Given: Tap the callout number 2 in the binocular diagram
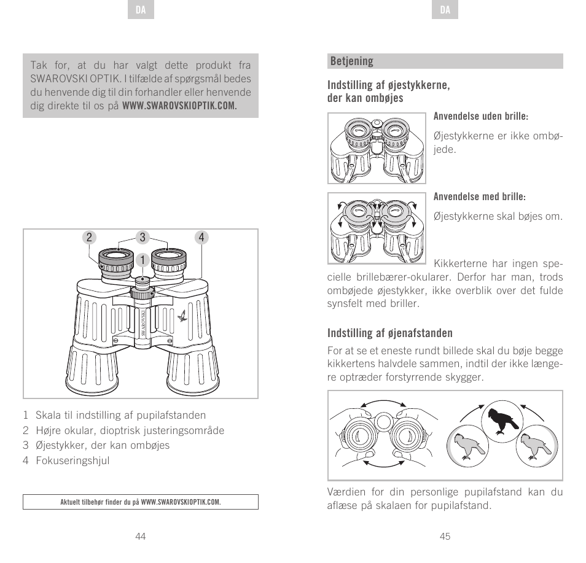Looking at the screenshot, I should point(89,238).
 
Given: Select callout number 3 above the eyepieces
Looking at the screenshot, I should point(142,238).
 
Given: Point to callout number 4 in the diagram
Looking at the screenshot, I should point(201,238).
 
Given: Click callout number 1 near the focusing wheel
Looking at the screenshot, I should point(142,260).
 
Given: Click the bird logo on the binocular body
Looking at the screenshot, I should point(182,316).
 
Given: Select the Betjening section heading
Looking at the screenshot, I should point(352,61).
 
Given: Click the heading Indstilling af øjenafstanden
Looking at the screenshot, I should point(389,333).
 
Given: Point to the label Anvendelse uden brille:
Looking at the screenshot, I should point(481,117).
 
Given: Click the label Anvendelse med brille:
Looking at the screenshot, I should point(480,197).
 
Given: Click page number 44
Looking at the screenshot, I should point(141,536).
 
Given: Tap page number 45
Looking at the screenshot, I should point(445,536).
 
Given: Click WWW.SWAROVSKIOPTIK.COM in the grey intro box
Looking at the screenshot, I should point(179,106).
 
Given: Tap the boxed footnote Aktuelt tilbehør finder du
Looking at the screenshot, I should point(141,502).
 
